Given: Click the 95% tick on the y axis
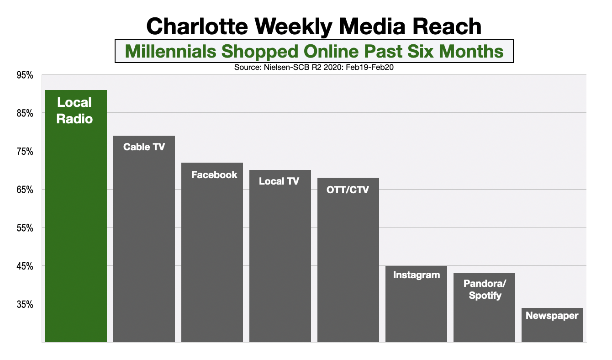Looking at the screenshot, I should click(25, 75).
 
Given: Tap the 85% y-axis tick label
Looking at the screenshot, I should click(25, 113).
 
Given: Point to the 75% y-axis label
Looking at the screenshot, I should click(25, 152).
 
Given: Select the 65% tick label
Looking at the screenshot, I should click(25, 190).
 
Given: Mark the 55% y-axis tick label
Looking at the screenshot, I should click(25, 228).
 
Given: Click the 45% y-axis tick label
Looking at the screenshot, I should click(25, 266).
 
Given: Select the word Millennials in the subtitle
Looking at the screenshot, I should click(171, 51).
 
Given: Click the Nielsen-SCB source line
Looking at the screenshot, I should click(314, 67).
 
